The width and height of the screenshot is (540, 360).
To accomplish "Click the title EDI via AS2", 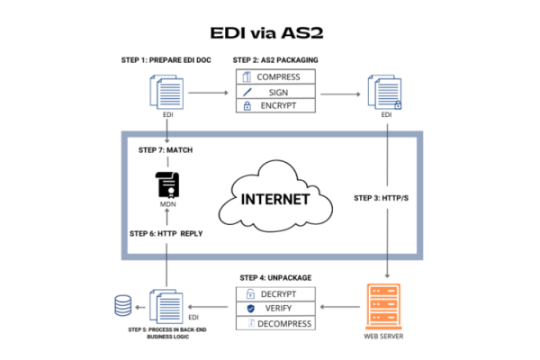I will coord(270,33).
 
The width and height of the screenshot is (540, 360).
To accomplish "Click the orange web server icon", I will coord(387,306).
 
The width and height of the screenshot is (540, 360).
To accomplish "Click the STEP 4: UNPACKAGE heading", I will coord(275,277).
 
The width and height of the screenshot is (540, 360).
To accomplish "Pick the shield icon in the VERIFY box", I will coord(249,308).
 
